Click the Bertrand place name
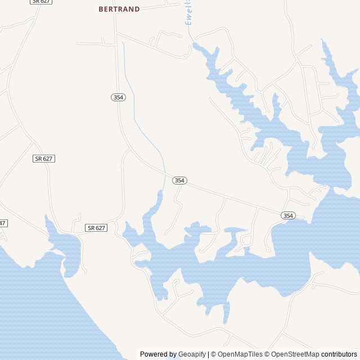tap(119, 9)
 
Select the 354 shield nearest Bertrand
tap(118, 97)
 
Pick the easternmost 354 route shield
tap(288, 215)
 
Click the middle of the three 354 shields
tap(179, 181)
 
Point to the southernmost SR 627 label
tap(96, 228)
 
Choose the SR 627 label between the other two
tap(43, 159)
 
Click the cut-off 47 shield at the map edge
tap(3, 223)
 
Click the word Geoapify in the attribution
tap(192, 354)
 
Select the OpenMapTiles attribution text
tap(240, 354)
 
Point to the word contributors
tap(339, 354)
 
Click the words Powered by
tap(158, 354)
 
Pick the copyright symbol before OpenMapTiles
tap(214, 354)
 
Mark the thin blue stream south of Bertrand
tap(135, 112)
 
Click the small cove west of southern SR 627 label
tap(63, 247)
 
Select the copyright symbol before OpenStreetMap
tap(267, 354)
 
